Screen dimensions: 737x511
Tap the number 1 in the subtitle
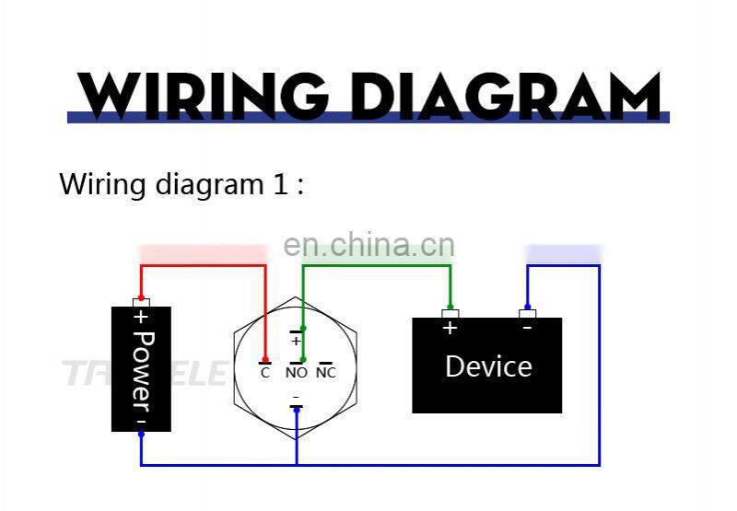(x=280, y=183)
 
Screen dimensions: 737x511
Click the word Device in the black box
(x=488, y=366)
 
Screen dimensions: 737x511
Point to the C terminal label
(x=265, y=373)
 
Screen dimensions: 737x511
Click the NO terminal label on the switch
(x=296, y=373)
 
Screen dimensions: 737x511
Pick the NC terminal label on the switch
(x=325, y=373)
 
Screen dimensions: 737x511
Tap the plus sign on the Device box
(x=450, y=327)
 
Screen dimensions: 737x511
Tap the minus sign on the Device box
(x=527, y=327)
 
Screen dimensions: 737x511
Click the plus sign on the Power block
(x=141, y=318)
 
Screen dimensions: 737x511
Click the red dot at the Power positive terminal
(x=141, y=298)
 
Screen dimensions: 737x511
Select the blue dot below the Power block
(x=141, y=435)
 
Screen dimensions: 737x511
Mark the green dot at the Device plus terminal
(x=450, y=307)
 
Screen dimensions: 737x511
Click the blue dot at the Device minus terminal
(x=527, y=307)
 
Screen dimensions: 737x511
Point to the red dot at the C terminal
(x=265, y=360)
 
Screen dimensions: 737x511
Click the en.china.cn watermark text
(x=368, y=245)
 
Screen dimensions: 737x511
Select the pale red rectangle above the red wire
(x=202, y=251)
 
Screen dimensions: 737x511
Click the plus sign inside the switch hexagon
(x=296, y=341)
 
